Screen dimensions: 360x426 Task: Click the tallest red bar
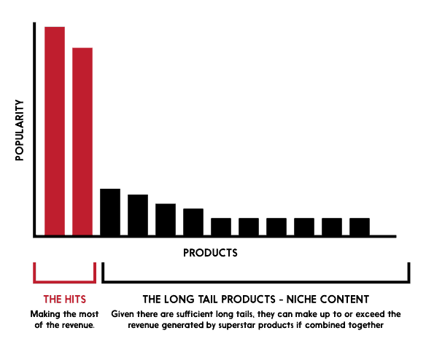(x=55, y=131)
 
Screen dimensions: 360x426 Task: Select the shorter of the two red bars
(x=82, y=142)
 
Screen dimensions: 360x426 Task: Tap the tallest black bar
(x=110, y=212)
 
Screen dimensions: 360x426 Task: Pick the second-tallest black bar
(x=138, y=215)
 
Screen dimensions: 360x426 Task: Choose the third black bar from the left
(x=166, y=219)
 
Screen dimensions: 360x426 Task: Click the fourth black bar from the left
(x=193, y=222)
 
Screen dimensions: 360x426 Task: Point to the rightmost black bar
(x=360, y=227)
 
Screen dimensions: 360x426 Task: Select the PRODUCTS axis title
(x=210, y=253)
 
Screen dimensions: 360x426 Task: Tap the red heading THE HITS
(x=63, y=299)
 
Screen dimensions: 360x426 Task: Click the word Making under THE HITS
(x=44, y=314)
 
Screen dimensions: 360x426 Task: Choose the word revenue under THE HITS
(x=78, y=324)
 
